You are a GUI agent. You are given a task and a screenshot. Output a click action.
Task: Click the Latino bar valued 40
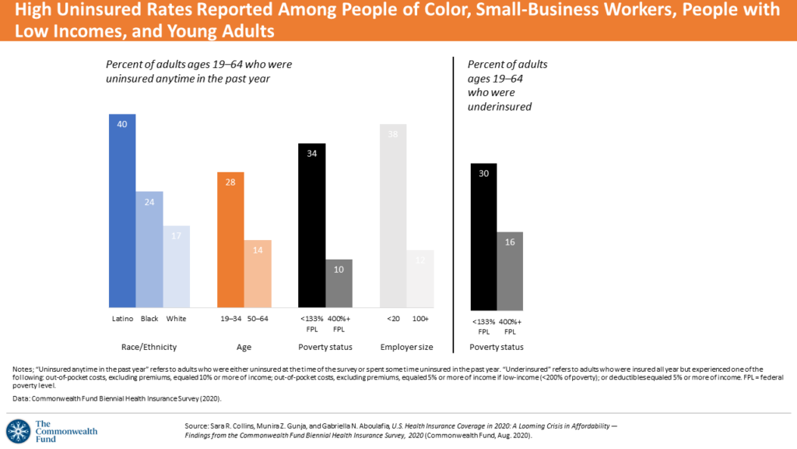click(122, 210)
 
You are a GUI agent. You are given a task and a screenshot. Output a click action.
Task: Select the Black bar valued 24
click(149, 249)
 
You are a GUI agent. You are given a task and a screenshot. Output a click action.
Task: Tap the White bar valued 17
click(176, 267)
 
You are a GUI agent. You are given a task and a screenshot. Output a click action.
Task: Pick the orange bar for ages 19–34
click(230, 239)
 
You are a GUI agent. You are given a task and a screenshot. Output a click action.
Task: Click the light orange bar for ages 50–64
click(258, 274)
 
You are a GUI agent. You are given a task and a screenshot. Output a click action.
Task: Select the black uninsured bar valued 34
click(311, 225)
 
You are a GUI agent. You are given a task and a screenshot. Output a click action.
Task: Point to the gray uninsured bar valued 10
click(339, 283)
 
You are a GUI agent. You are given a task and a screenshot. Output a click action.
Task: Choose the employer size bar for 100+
click(420, 278)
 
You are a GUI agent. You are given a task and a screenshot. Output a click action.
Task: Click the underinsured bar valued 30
click(483, 235)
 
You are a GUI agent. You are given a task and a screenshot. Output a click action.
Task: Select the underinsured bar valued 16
click(510, 269)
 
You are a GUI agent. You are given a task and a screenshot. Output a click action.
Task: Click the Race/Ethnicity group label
click(149, 347)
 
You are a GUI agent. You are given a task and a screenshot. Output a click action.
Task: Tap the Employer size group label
click(406, 347)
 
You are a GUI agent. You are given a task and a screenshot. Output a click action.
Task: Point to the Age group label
click(244, 347)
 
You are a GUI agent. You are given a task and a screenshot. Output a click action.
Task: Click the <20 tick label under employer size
click(393, 320)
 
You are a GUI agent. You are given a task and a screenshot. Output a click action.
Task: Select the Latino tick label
click(122, 320)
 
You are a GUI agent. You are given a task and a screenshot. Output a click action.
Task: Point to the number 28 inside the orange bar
click(230, 182)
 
